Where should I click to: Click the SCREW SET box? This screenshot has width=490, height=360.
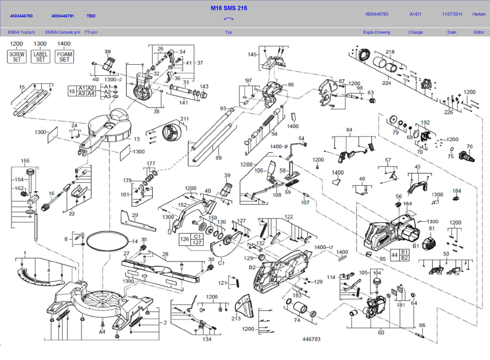pyautogui.click(x=16, y=56)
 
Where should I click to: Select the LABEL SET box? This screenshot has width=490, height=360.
pyautogui.click(x=40, y=56)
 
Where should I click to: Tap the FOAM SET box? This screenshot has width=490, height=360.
pyautogui.click(x=64, y=56)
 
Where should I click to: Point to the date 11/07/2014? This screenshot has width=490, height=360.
pyautogui.click(x=452, y=14)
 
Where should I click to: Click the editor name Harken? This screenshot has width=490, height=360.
pyautogui.click(x=479, y=14)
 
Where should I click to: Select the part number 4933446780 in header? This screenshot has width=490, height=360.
pyautogui.click(x=21, y=16)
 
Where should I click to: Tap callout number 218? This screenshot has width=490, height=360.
pyautogui.click(x=390, y=52)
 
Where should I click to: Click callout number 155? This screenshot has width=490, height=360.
pyautogui.click(x=25, y=160)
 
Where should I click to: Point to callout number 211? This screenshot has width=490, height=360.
pyautogui.click(x=185, y=119)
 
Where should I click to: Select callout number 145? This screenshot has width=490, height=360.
pyautogui.click(x=252, y=54)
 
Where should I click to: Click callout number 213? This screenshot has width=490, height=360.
pyautogui.click(x=236, y=318)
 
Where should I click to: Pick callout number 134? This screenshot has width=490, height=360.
pyautogui.click(x=207, y=340)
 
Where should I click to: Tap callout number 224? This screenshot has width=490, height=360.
pyautogui.click(x=386, y=83)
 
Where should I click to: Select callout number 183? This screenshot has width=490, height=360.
pyautogui.click(x=297, y=295)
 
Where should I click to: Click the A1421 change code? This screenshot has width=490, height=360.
pyautogui.click(x=415, y=14)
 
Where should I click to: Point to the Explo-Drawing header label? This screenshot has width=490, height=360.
pyautogui.click(x=377, y=32)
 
